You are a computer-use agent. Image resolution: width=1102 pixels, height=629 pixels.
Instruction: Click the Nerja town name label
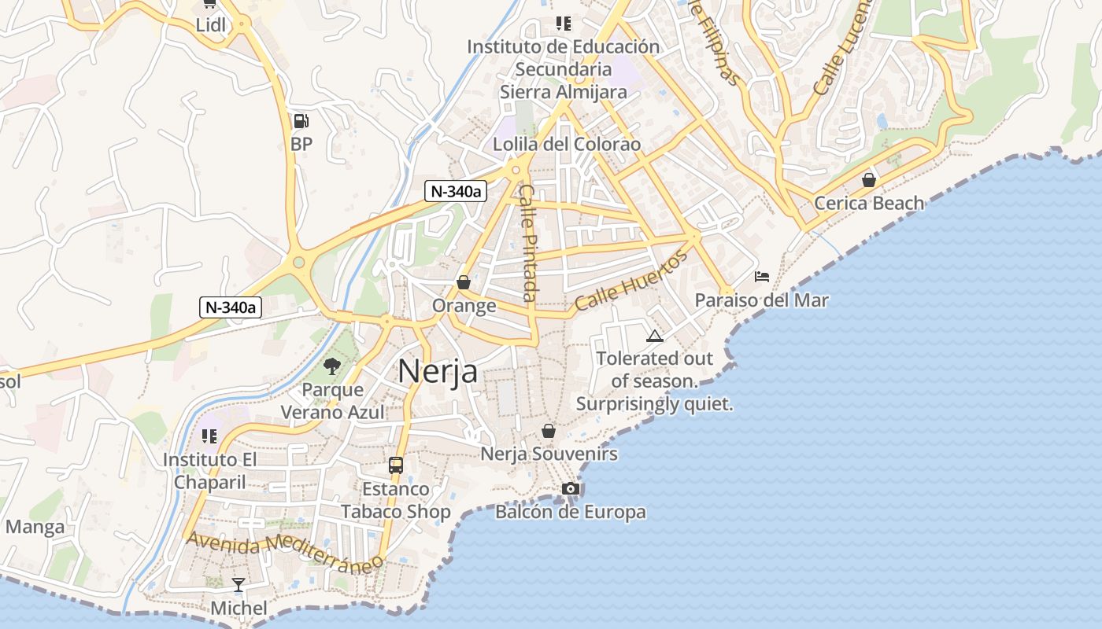[x=438, y=371]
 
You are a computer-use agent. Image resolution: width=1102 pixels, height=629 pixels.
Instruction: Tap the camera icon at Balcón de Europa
[x=571, y=489]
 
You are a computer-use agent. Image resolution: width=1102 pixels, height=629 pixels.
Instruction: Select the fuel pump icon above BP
[x=301, y=121]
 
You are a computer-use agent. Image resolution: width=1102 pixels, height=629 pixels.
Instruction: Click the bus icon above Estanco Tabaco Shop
[x=396, y=465]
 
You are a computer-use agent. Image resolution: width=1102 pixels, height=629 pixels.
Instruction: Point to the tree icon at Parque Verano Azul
[x=332, y=366]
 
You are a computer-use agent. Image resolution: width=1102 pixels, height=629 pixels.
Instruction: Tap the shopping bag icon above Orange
[x=464, y=282]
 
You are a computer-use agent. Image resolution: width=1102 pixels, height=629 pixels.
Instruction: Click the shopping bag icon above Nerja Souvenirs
[x=549, y=431]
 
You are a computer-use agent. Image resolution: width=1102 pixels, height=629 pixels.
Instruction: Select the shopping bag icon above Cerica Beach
[x=869, y=180]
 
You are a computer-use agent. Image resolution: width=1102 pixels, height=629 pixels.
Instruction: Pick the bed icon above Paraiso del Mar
[x=762, y=277]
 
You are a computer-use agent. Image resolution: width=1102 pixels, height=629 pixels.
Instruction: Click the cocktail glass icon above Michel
[x=239, y=585]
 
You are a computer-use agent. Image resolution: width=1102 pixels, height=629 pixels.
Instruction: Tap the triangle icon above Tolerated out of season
[x=654, y=337]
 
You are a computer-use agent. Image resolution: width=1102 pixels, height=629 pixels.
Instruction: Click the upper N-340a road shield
[x=455, y=191]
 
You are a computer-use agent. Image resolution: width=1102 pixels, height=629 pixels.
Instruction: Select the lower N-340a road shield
[x=230, y=307]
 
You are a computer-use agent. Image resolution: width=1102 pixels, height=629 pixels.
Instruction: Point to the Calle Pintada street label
[x=528, y=243]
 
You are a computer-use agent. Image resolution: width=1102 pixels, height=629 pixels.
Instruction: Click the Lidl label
[x=211, y=25]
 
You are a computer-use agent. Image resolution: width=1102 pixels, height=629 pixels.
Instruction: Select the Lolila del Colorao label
[x=567, y=145]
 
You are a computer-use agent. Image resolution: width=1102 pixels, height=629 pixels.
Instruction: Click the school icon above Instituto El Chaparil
[x=209, y=436]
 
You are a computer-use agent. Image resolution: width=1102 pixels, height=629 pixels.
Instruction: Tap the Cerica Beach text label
[x=869, y=204]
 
